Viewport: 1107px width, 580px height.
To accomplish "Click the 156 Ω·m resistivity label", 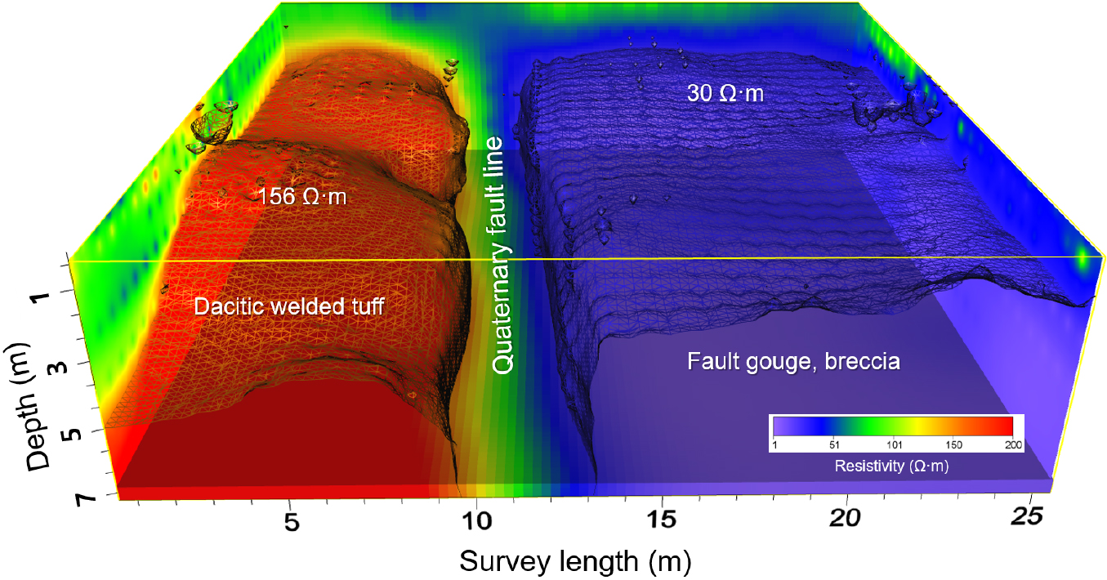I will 300,198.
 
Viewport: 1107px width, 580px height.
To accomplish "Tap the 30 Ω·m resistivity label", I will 725,93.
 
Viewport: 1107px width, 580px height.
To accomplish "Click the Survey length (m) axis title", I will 575,561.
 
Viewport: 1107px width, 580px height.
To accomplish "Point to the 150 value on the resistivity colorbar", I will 953,445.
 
